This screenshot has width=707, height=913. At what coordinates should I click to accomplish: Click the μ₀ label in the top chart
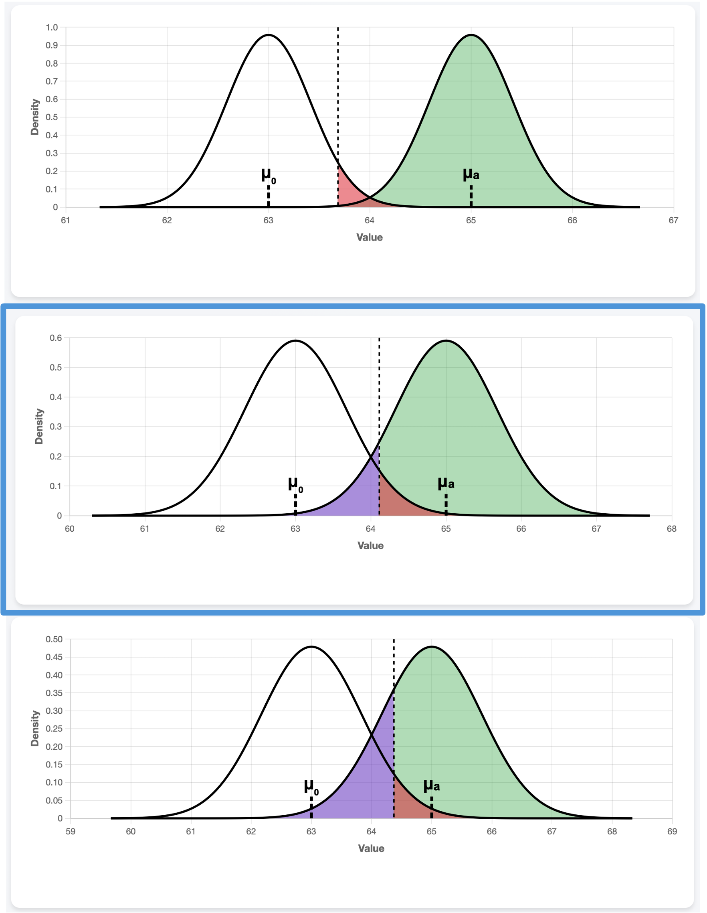click(x=268, y=176)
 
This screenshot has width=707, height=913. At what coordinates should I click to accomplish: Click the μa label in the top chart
click(x=471, y=174)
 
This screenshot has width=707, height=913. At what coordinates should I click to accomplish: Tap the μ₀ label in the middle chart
click(x=295, y=484)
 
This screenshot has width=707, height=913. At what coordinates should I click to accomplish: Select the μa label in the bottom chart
click(x=431, y=785)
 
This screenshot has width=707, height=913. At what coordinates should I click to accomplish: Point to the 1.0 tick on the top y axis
click(x=52, y=28)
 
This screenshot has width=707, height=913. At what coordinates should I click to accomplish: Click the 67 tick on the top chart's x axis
click(x=673, y=220)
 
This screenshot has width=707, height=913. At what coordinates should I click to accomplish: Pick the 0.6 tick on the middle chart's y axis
click(x=56, y=338)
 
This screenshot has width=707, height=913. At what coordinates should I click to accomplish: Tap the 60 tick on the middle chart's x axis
click(x=70, y=529)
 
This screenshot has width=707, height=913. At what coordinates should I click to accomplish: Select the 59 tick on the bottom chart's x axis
click(x=71, y=832)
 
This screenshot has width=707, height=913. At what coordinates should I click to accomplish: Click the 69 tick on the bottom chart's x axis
click(x=672, y=832)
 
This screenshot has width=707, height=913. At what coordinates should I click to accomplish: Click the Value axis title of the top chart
click(x=370, y=237)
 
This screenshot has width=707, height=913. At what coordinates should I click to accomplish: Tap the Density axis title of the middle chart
click(x=39, y=426)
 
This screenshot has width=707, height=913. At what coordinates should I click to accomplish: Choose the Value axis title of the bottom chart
click(x=371, y=848)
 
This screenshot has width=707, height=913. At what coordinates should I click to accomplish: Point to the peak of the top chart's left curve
click(x=268, y=35)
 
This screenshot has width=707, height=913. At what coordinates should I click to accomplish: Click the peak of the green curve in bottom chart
click(x=431, y=647)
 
